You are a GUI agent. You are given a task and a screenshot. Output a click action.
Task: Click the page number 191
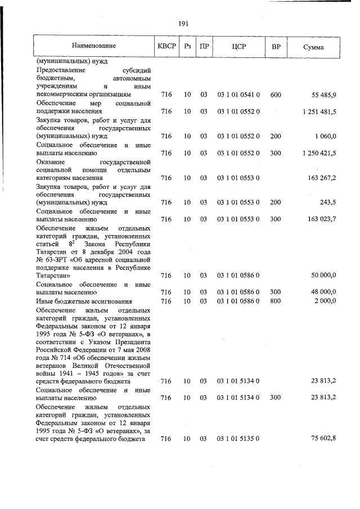coord(183,23)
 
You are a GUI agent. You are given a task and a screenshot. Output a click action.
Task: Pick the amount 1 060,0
coord(326,136)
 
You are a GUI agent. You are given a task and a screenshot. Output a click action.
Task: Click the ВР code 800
coord(275,301)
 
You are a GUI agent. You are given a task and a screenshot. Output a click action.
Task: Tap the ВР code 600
coord(275,95)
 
